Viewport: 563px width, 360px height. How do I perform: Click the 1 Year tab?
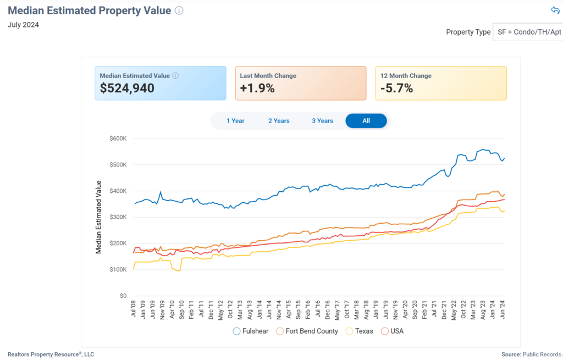pyautogui.click(x=235, y=121)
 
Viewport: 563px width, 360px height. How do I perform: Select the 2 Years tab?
pyautogui.click(x=279, y=121)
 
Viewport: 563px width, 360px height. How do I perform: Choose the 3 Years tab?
pyautogui.click(x=322, y=121)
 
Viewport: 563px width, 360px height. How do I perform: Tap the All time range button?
pyautogui.click(x=366, y=121)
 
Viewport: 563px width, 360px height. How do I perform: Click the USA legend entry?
pyautogui.click(x=393, y=331)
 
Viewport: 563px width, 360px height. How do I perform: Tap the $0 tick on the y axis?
pyautogui.click(x=123, y=296)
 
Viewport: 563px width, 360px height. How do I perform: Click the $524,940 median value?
pyautogui.click(x=127, y=88)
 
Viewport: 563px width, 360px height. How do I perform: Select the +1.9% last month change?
pyautogui.click(x=257, y=88)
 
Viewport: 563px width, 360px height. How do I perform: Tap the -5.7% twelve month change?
pyautogui.click(x=396, y=88)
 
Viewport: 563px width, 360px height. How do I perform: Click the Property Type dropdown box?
pyautogui.click(x=528, y=32)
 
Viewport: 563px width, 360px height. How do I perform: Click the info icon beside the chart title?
pyautogui.click(x=179, y=10)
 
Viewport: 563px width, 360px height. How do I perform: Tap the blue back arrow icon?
pyautogui.click(x=555, y=10)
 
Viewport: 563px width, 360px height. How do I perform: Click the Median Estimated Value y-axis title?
pyautogui.click(x=99, y=217)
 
